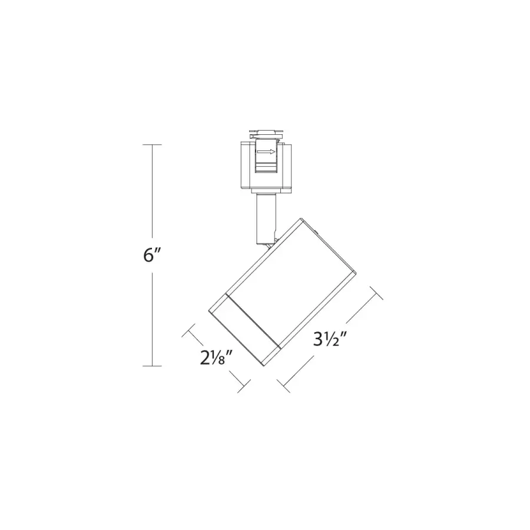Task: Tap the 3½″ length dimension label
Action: click(x=329, y=340)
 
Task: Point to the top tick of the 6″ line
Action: click(x=153, y=144)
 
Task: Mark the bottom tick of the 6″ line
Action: click(x=153, y=366)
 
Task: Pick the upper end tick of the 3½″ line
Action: click(x=375, y=293)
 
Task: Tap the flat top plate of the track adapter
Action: click(x=266, y=131)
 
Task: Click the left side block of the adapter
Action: click(x=247, y=165)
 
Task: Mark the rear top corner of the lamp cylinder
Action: click(x=302, y=220)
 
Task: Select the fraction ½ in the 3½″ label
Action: click(x=337, y=340)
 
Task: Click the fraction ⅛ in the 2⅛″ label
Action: click(x=223, y=359)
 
